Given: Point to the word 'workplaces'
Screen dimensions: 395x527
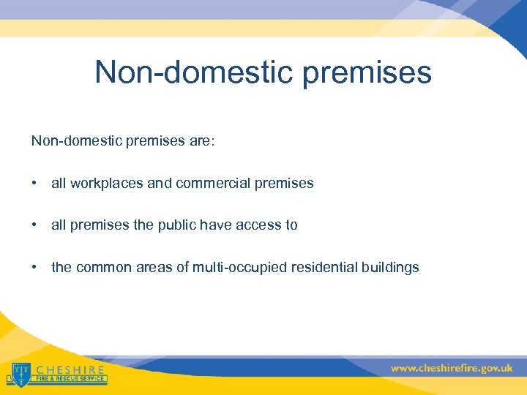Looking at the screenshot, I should pos(108,184).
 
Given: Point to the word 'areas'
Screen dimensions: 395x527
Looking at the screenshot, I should pos(155,267).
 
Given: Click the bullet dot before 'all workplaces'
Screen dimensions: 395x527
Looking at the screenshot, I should pos(34,184).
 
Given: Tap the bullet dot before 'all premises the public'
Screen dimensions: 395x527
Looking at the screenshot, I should pos(34,225).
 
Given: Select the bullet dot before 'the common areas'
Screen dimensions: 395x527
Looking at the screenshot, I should pos(34,267).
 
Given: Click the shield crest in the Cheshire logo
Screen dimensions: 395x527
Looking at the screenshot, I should pos(20,372).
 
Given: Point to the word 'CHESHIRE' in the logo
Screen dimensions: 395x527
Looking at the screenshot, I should pos(70,369).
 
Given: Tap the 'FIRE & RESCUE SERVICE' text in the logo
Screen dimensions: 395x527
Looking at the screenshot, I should pos(70,380).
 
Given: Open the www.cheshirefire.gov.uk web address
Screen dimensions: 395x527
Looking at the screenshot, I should pos(451,368).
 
